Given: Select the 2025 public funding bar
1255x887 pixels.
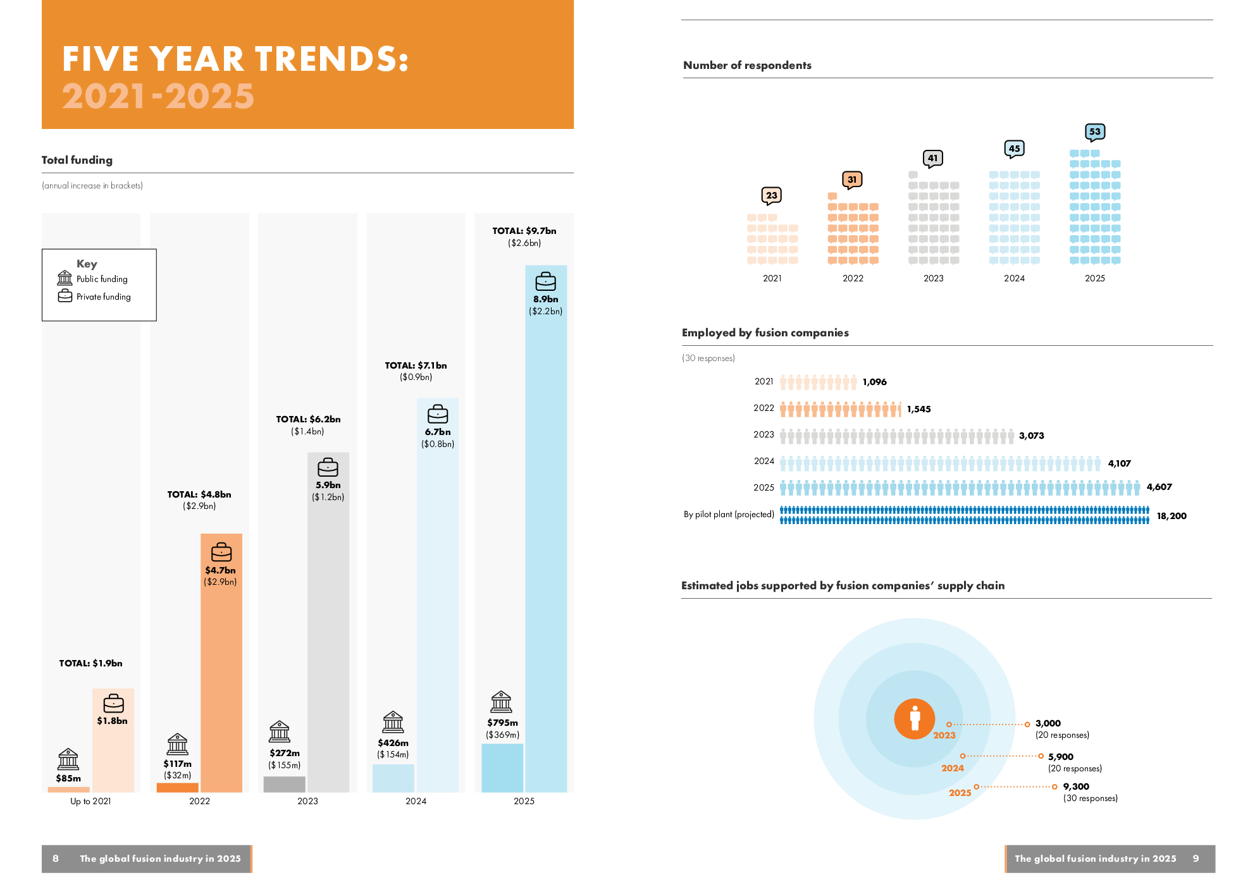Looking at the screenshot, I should (x=502, y=768).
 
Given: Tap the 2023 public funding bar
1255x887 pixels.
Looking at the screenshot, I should (x=285, y=784).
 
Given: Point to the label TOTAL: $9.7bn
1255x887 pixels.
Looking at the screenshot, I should (x=524, y=231).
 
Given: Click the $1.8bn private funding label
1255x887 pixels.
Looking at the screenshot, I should (x=113, y=721).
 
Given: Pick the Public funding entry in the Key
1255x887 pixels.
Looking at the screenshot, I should (x=101, y=279).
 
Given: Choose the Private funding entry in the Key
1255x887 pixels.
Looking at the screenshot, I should (x=103, y=297).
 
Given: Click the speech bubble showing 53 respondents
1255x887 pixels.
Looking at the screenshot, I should (x=1095, y=132).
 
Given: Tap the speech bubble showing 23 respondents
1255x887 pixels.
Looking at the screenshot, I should (x=772, y=195).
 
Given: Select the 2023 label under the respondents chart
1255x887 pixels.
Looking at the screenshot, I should (x=933, y=278).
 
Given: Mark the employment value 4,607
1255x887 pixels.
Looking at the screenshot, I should (x=1159, y=487).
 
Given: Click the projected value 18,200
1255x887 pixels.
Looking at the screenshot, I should (x=1172, y=516).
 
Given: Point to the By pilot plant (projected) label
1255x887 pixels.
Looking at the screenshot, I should (x=729, y=515).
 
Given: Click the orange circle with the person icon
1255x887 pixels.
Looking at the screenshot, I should (x=914, y=719).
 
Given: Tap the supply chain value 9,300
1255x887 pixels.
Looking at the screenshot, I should (x=1076, y=786).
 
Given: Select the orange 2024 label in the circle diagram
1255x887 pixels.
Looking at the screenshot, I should (x=953, y=768).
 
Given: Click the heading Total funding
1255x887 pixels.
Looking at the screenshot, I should (x=77, y=160).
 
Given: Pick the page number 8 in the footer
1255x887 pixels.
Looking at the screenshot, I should (x=56, y=859).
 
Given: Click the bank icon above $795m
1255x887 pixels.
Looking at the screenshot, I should (x=501, y=701).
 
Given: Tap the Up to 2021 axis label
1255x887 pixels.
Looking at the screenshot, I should (x=90, y=801).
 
